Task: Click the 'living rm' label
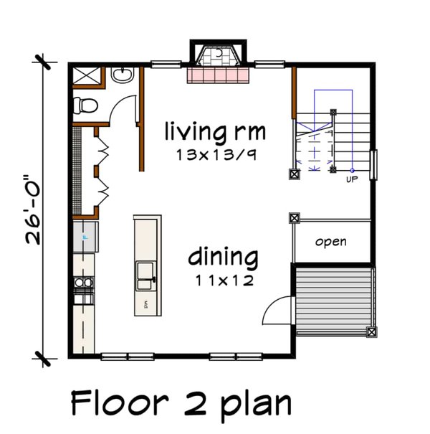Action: [x=215, y=132]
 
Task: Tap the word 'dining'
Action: [x=223, y=257]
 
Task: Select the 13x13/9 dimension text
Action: [x=215, y=154]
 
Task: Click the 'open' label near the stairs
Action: [x=330, y=242]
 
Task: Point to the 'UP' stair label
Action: [x=351, y=179]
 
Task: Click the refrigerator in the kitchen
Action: [x=84, y=236]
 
